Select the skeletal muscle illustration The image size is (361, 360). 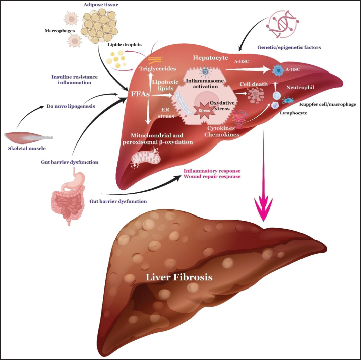click(x=28, y=136)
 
